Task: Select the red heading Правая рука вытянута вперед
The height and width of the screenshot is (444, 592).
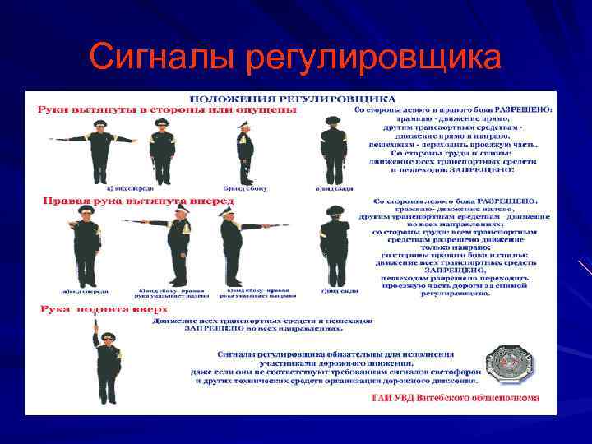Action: coord(137,201)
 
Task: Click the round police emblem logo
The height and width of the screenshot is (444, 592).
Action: coord(508,364)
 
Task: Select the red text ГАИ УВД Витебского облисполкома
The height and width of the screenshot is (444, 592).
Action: coord(455,398)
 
